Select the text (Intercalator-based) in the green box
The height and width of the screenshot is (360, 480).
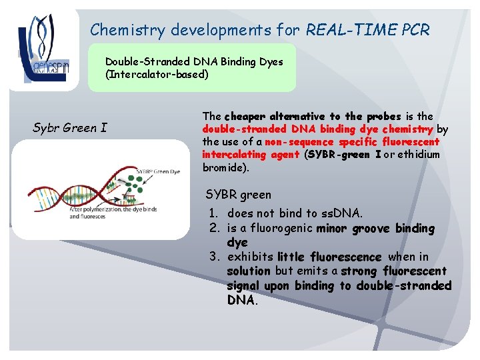pyautogui.click(x=157, y=74)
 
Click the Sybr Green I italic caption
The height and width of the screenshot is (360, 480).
pyautogui.click(x=69, y=128)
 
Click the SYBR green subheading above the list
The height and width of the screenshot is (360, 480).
pyautogui.click(x=238, y=195)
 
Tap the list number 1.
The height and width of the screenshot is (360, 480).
pyautogui.click(x=213, y=214)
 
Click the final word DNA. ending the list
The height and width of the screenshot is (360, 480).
pyautogui.click(x=241, y=300)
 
